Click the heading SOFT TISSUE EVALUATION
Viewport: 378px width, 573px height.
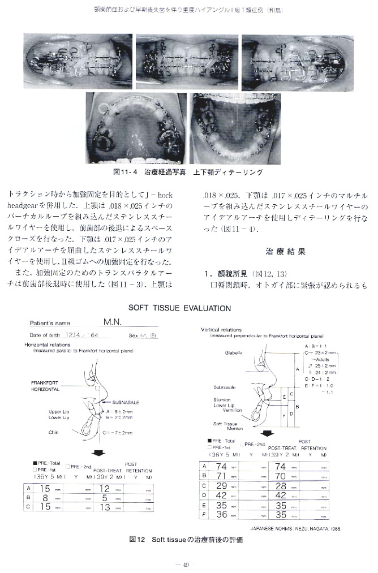(x=180, y=308)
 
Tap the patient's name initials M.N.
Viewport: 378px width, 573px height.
(x=113, y=322)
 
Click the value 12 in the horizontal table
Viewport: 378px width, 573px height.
(x=105, y=488)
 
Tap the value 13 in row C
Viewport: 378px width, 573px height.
(x=105, y=507)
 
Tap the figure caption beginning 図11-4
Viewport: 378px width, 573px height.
(x=188, y=171)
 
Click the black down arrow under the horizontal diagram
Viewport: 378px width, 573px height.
(x=98, y=452)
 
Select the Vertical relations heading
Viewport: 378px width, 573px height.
(x=221, y=330)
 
